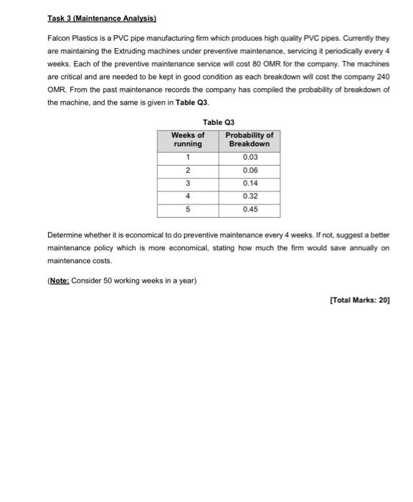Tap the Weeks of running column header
click(x=187, y=139)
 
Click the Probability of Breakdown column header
click(x=249, y=139)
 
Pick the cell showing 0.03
click(x=250, y=157)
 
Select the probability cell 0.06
click(x=250, y=170)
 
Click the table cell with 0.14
click(x=250, y=183)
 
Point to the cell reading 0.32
click(x=250, y=196)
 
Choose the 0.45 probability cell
click(x=250, y=209)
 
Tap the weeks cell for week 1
click(x=187, y=157)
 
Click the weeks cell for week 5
click(x=187, y=209)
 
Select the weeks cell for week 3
click(x=187, y=183)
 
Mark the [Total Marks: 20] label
click(x=359, y=300)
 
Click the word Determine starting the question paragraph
click(x=66, y=235)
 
